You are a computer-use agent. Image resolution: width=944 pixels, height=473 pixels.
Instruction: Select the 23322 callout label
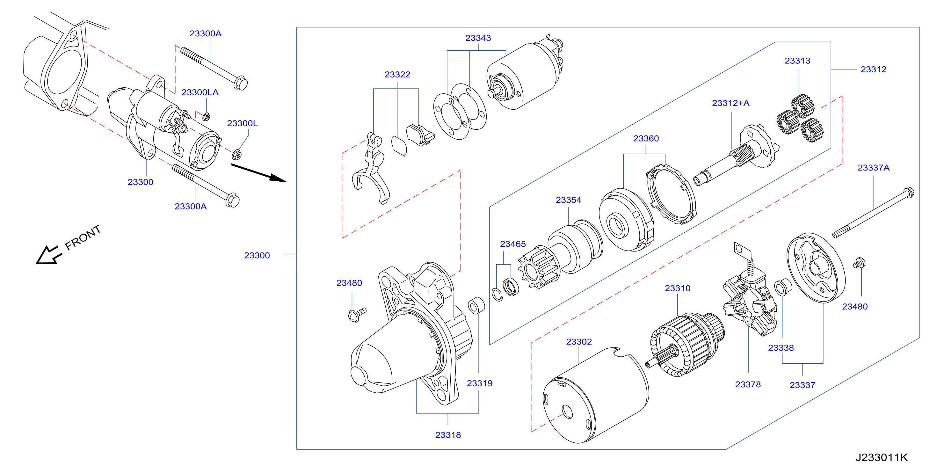pos(397,75)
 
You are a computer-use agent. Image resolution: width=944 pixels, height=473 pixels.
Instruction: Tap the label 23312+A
pos(731,103)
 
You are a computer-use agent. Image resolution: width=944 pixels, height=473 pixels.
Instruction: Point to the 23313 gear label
pos(797,61)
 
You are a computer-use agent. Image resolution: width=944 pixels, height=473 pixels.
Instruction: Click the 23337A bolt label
pos(873,168)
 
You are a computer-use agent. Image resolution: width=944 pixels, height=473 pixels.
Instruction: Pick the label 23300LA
pos(200,92)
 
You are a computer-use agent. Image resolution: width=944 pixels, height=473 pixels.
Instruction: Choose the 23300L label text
pos(242,123)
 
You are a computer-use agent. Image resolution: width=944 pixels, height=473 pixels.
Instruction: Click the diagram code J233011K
pos(882,458)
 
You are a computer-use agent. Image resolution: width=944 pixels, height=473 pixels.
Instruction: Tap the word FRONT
pos(83,237)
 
